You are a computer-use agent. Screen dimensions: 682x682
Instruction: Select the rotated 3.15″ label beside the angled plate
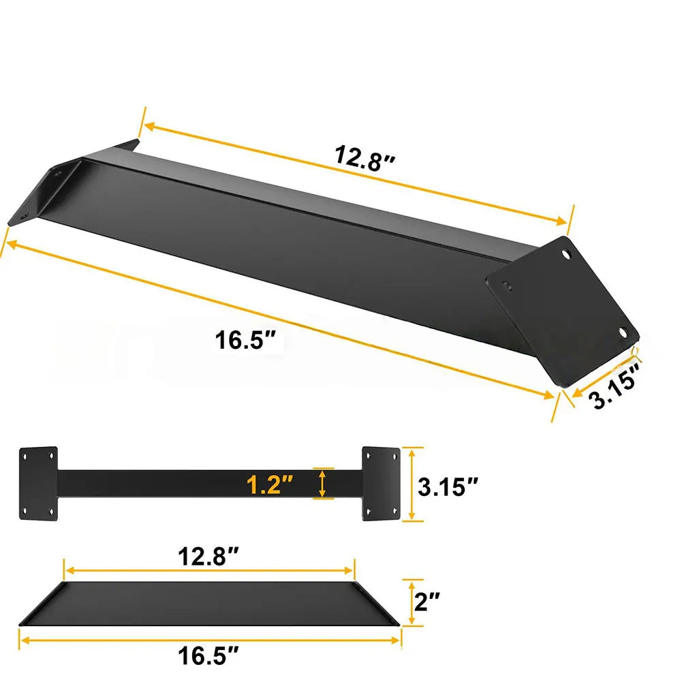(x=615, y=386)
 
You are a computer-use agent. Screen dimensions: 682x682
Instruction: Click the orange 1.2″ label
(x=270, y=485)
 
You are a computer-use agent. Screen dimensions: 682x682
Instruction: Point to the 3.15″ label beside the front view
(x=447, y=486)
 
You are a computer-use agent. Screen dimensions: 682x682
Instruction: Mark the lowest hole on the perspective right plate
(x=621, y=332)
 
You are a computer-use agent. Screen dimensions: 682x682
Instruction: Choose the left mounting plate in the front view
(x=38, y=484)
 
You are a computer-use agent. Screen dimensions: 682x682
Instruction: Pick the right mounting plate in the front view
(x=380, y=484)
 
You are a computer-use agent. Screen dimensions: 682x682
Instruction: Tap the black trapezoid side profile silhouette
(x=210, y=604)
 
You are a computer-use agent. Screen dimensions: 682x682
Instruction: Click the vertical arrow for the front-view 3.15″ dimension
(x=409, y=484)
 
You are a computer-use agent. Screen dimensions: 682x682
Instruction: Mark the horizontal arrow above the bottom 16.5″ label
(x=210, y=640)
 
